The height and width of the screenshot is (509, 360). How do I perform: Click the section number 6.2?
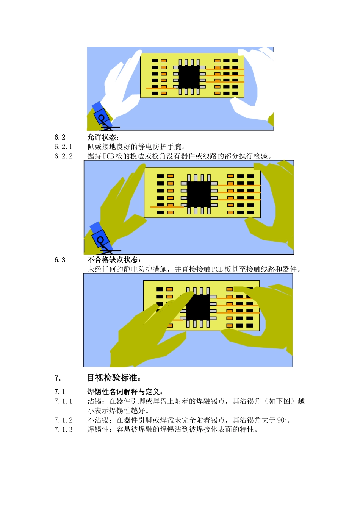[x=59, y=137]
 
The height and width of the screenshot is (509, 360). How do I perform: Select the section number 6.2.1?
[x=63, y=147]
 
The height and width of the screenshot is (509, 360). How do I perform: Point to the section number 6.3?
[x=59, y=260]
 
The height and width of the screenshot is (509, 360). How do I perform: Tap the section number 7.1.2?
[x=63, y=420]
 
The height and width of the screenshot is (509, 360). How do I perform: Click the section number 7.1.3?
[x=63, y=429]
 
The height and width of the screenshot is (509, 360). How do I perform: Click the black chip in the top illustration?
[x=189, y=77]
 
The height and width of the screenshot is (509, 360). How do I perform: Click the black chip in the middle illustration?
[x=199, y=194]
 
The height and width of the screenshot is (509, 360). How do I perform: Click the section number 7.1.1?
[x=63, y=401]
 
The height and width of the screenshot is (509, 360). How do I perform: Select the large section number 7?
[x=58, y=378]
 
